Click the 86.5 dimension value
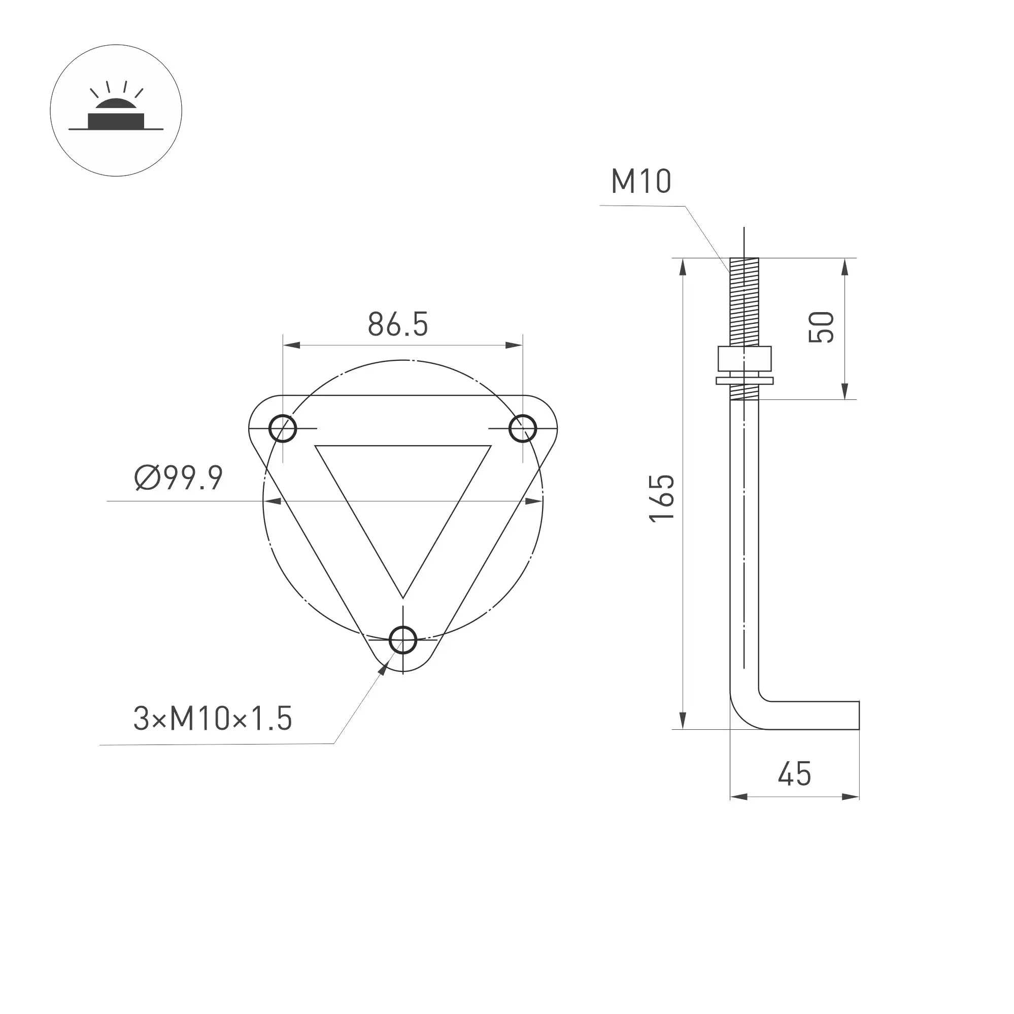[398, 324]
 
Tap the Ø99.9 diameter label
[179, 478]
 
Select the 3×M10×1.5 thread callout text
[213, 719]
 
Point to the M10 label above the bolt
[641, 182]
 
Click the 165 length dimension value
[662, 498]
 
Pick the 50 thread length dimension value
[821, 327]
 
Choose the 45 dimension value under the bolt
[795, 773]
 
